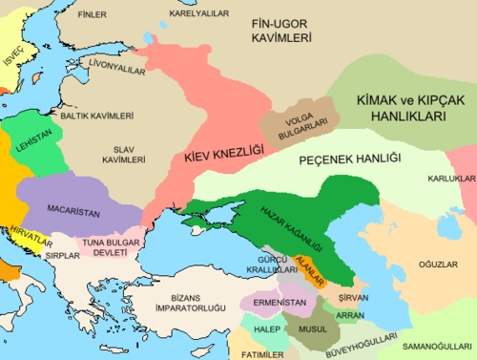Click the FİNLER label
92,15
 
